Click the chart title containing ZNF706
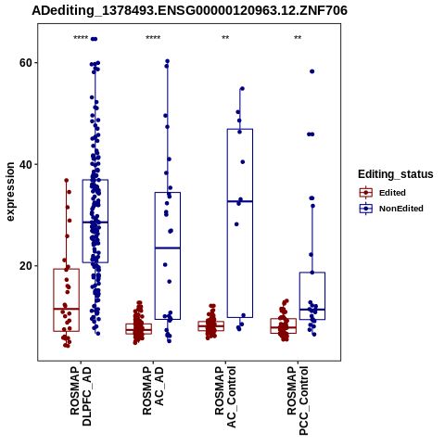189,10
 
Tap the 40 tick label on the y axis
26,164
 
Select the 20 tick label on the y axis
26,266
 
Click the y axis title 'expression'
10,192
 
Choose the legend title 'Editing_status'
396,174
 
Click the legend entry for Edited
383,193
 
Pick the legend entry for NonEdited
391,209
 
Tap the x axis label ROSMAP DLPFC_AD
81,396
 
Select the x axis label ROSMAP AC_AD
153,390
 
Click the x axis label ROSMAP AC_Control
225,397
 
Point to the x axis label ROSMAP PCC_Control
298,400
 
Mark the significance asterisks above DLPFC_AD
81,38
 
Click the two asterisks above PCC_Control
298,38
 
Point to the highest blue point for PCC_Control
312,71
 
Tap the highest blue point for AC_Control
242,89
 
